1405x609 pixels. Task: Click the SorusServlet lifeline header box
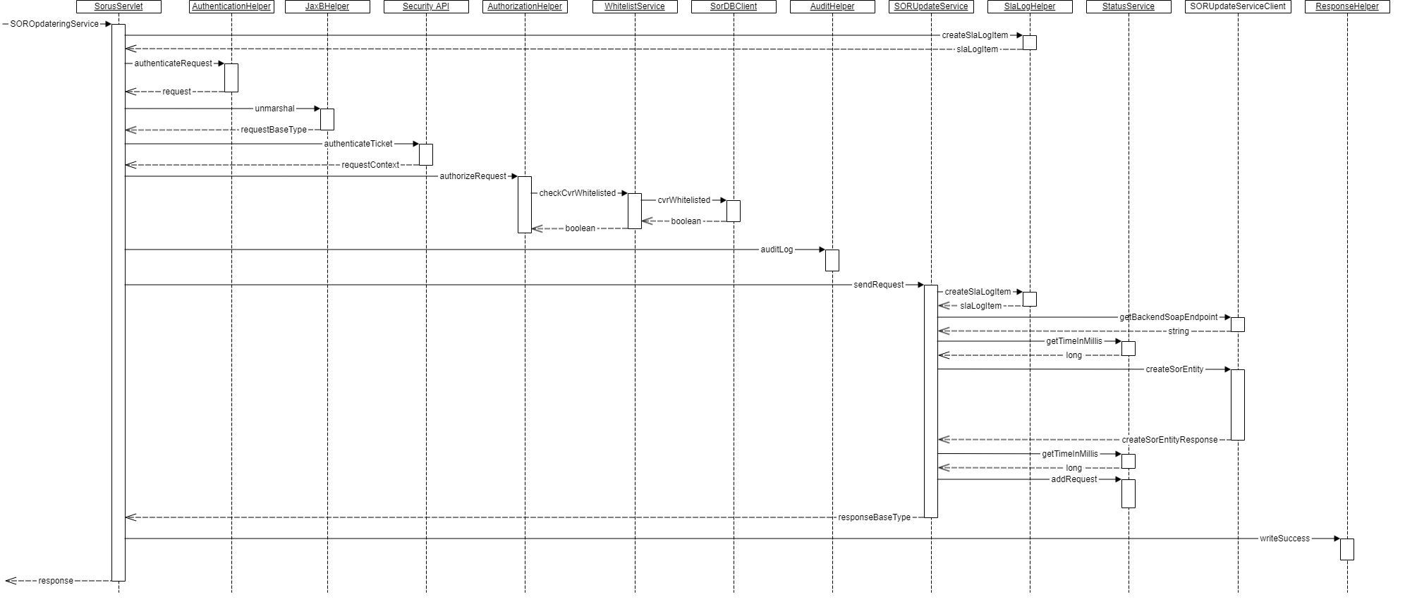[x=118, y=6]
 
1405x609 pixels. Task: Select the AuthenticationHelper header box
[x=231, y=6]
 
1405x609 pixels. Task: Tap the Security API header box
[x=426, y=6]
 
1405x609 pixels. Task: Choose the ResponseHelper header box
[x=1347, y=6]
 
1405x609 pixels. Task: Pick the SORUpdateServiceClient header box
[x=1238, y=6]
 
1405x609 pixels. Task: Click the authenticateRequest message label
[x=173, y=63]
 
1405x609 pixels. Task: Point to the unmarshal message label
[x=274, y=109]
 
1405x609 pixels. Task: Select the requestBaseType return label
[x=274, y=130]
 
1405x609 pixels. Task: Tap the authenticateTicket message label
[x=358, y=144]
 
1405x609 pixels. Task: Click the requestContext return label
[x=370, y=165]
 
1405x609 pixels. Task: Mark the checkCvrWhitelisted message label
[x=578, y=193]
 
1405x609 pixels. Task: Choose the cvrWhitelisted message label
[x=684, y=200]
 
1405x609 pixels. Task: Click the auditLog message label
[x=777, y=250]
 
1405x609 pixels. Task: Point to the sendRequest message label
[x=879, y=285]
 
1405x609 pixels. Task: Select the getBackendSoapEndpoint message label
[x=1169, y=317]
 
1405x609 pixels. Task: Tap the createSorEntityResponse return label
[x=1169, y=440]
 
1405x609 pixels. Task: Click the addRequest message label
[x=1074, y=479]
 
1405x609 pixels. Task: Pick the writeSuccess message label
[x=1284, y=539]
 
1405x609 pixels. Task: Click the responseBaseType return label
[x=874, y=517]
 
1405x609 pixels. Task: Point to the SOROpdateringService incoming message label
[x=54, y=24]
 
